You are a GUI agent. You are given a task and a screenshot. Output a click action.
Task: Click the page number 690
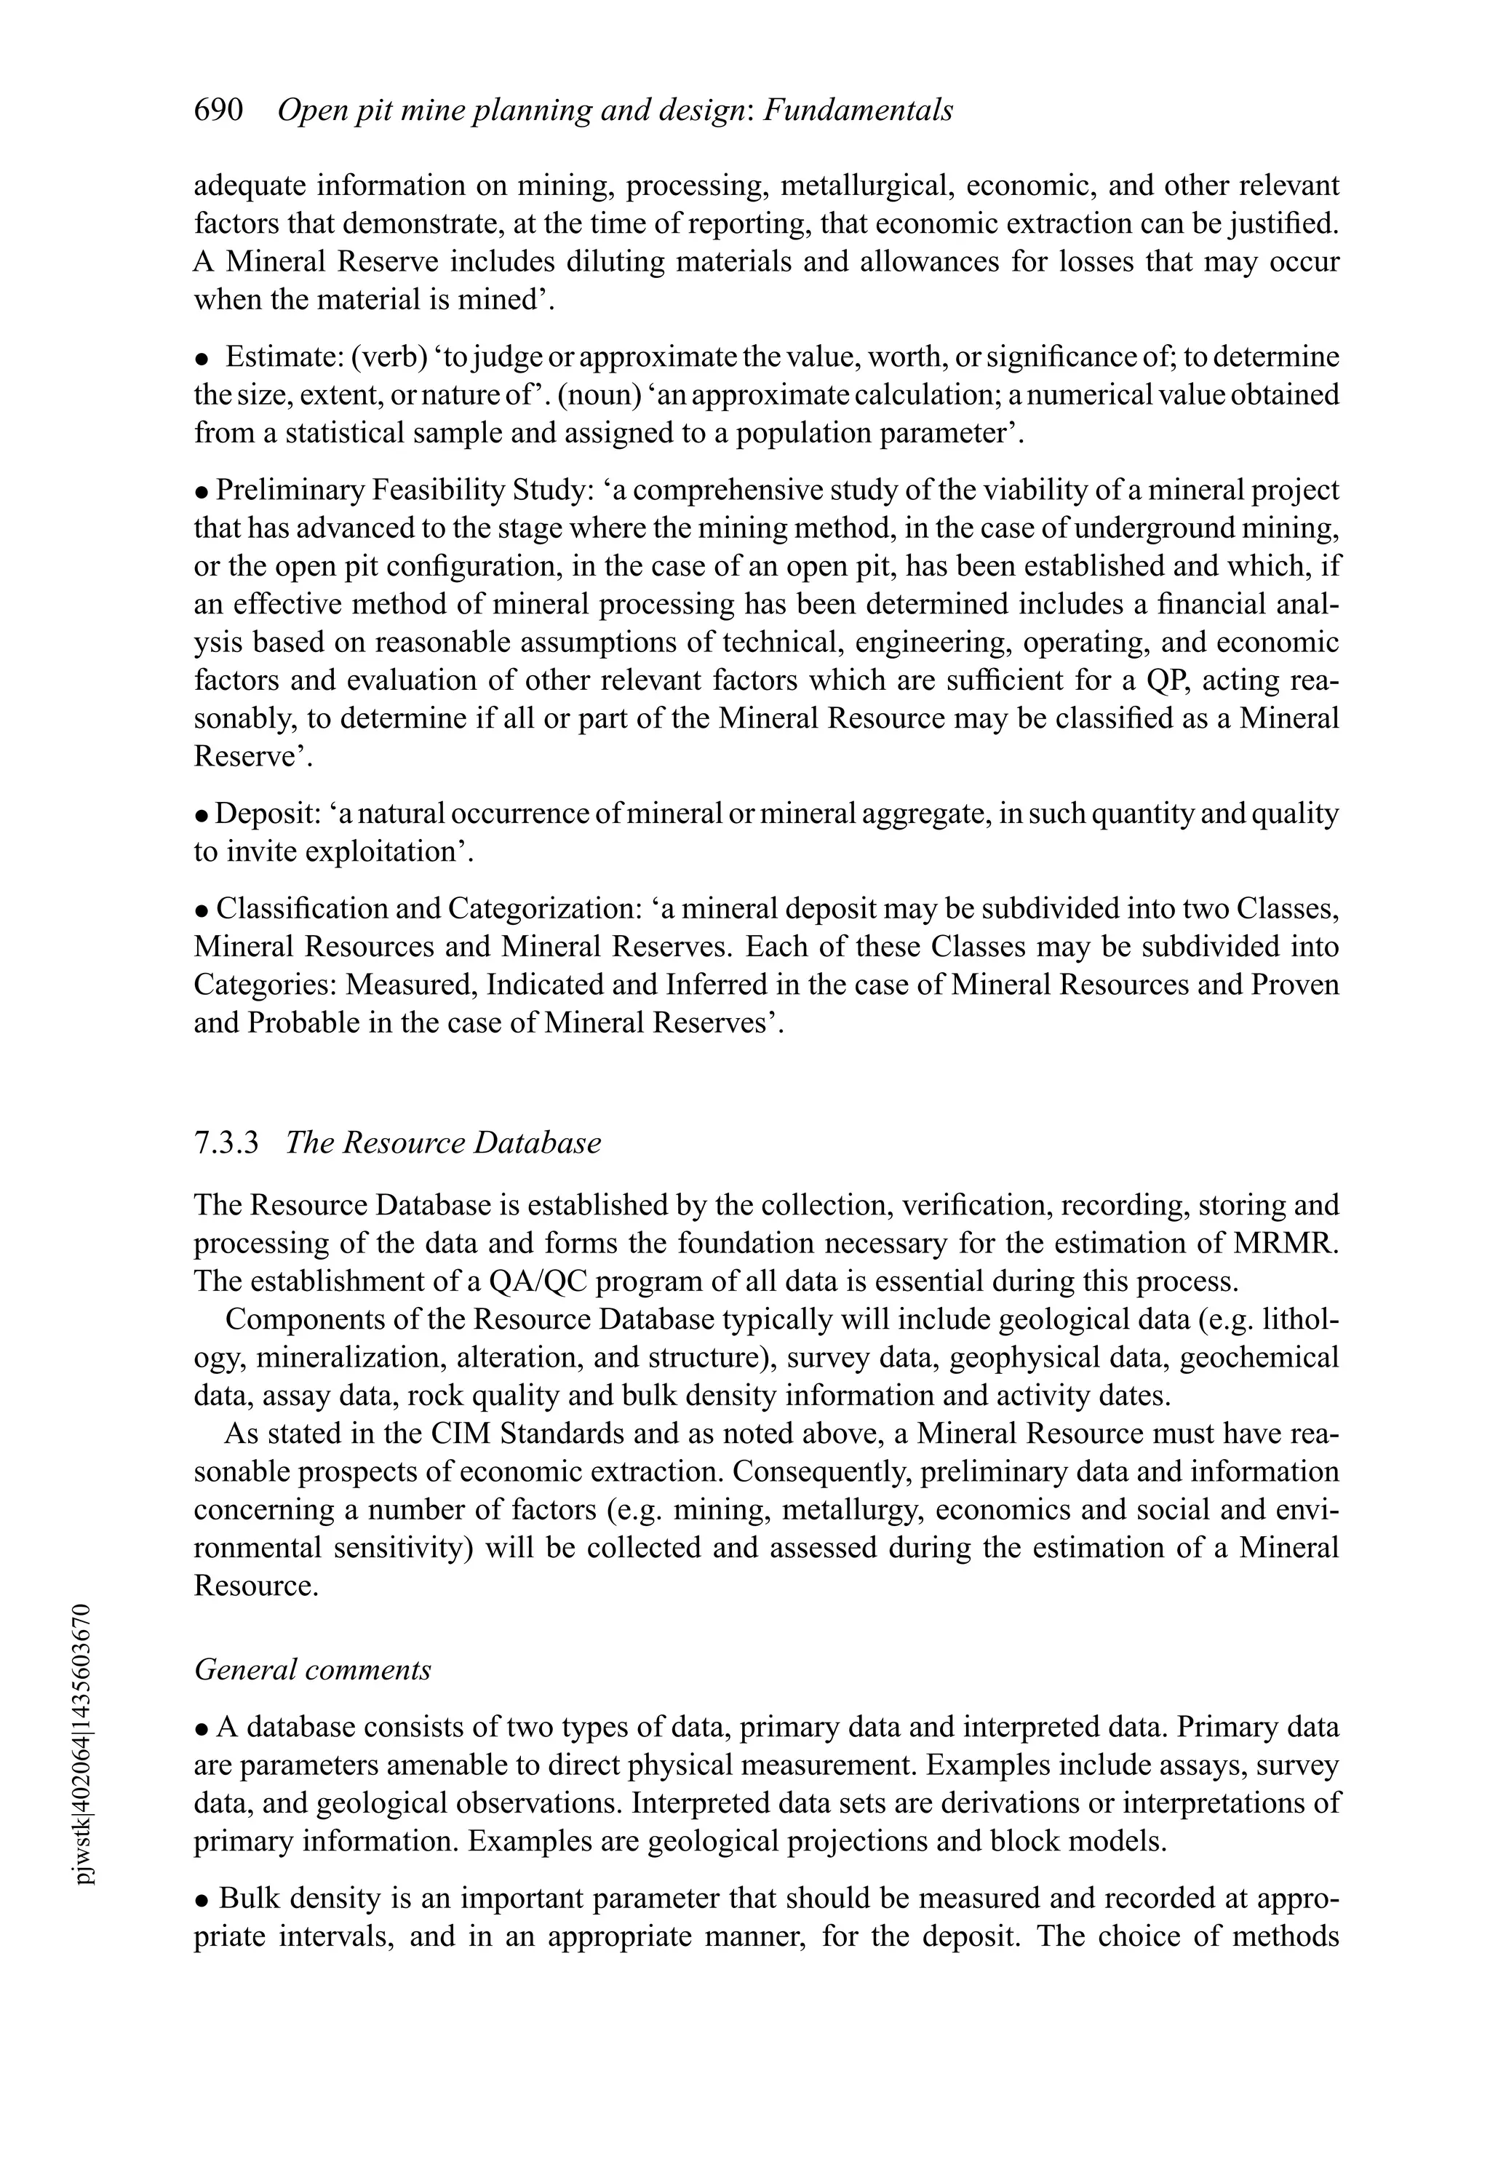(x=218, y=111)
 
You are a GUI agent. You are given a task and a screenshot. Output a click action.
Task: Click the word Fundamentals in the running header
(x=858, y=111)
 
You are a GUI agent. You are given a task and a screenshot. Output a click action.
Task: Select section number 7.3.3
(x=225, y=1143)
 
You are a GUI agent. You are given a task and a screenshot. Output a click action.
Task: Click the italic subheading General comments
(x=312, y=1669)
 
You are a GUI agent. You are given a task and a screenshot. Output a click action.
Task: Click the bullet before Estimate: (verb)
(x=201, y=359)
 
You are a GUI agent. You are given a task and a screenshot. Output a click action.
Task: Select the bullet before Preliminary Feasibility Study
(x=201, y=492)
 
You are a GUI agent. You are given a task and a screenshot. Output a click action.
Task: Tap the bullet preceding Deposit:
(x=201, y=815)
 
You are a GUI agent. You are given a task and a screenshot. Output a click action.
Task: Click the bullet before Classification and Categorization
(x=201, y=910)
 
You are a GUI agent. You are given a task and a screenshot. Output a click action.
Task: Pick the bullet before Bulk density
(x=201, y=1901)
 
